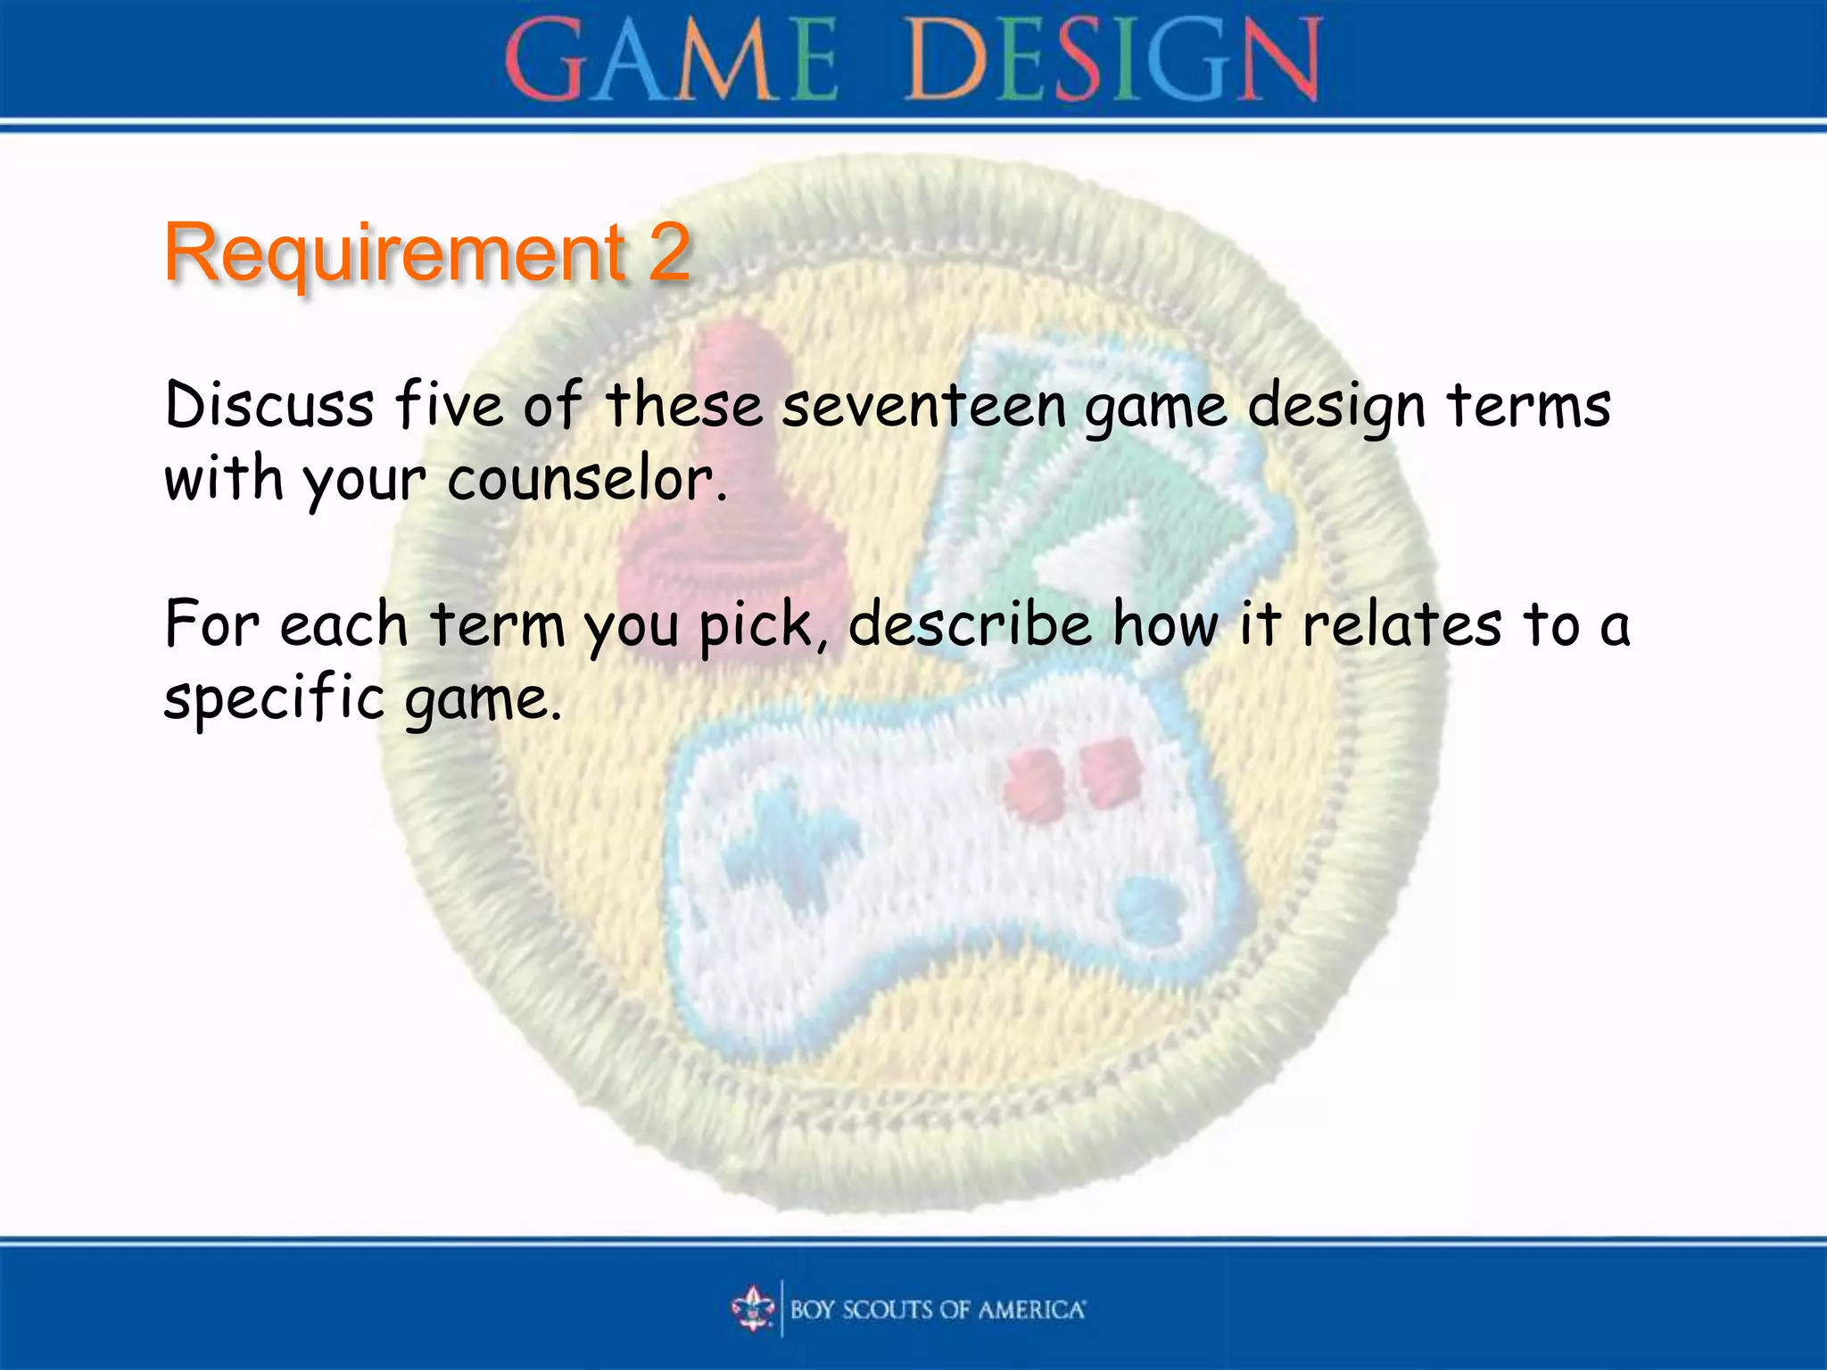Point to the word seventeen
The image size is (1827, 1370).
coord(924,406)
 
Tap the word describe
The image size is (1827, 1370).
coord(971,624)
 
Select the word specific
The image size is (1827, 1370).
coord(275,699)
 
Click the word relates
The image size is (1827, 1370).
coord(1401,624)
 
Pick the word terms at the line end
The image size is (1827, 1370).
coord(1528,406)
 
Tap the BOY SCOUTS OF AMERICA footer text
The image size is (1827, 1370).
coord(938,1309)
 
